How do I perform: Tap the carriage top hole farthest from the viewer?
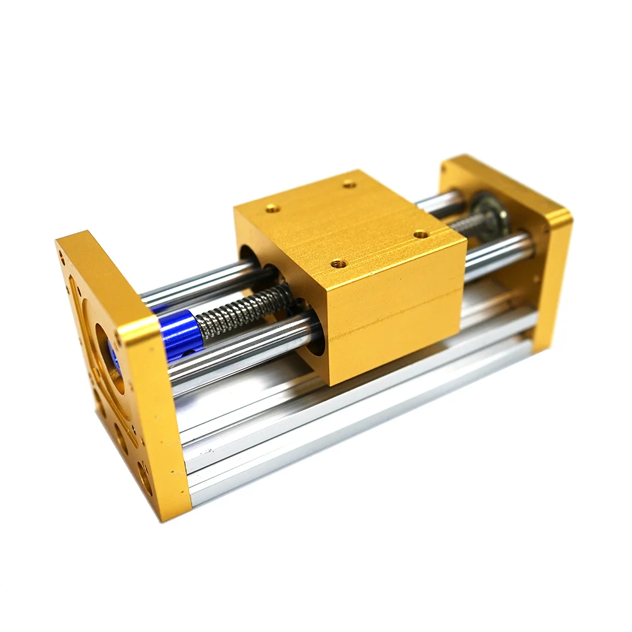pos(348,184)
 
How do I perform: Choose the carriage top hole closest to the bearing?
pos(420,234)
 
